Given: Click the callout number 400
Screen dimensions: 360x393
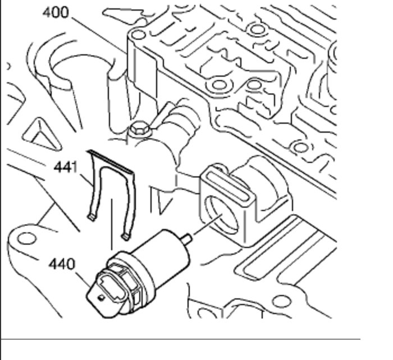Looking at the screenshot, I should click(56, 12).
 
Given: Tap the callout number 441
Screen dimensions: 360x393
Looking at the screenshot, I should click(66, 167).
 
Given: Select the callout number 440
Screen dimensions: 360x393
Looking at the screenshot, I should click(61, 264).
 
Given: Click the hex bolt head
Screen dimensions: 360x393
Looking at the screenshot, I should click(138, 128).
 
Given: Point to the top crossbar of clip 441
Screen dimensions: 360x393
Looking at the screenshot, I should click(112, 160).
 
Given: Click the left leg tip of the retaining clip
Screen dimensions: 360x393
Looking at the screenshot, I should click(90, 215).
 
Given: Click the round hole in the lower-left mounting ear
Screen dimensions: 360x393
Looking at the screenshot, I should click(26, 238).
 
